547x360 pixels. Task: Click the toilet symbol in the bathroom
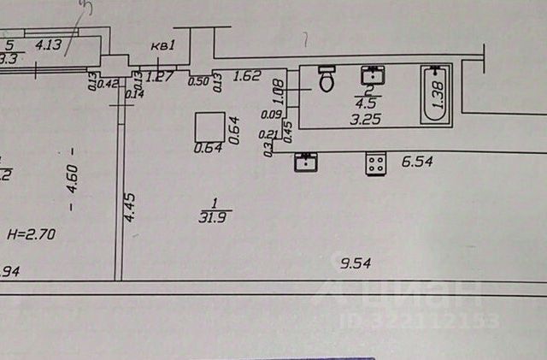tap(326, 79)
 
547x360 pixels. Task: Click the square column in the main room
tap(209, 127)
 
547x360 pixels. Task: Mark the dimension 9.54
tap(355, 263)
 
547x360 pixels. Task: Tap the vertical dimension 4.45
tap(129, 206)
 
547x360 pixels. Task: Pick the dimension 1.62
tap(246, 76)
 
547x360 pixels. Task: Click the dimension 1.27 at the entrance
tap(160, 77)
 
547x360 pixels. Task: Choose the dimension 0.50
tap(198, 81)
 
